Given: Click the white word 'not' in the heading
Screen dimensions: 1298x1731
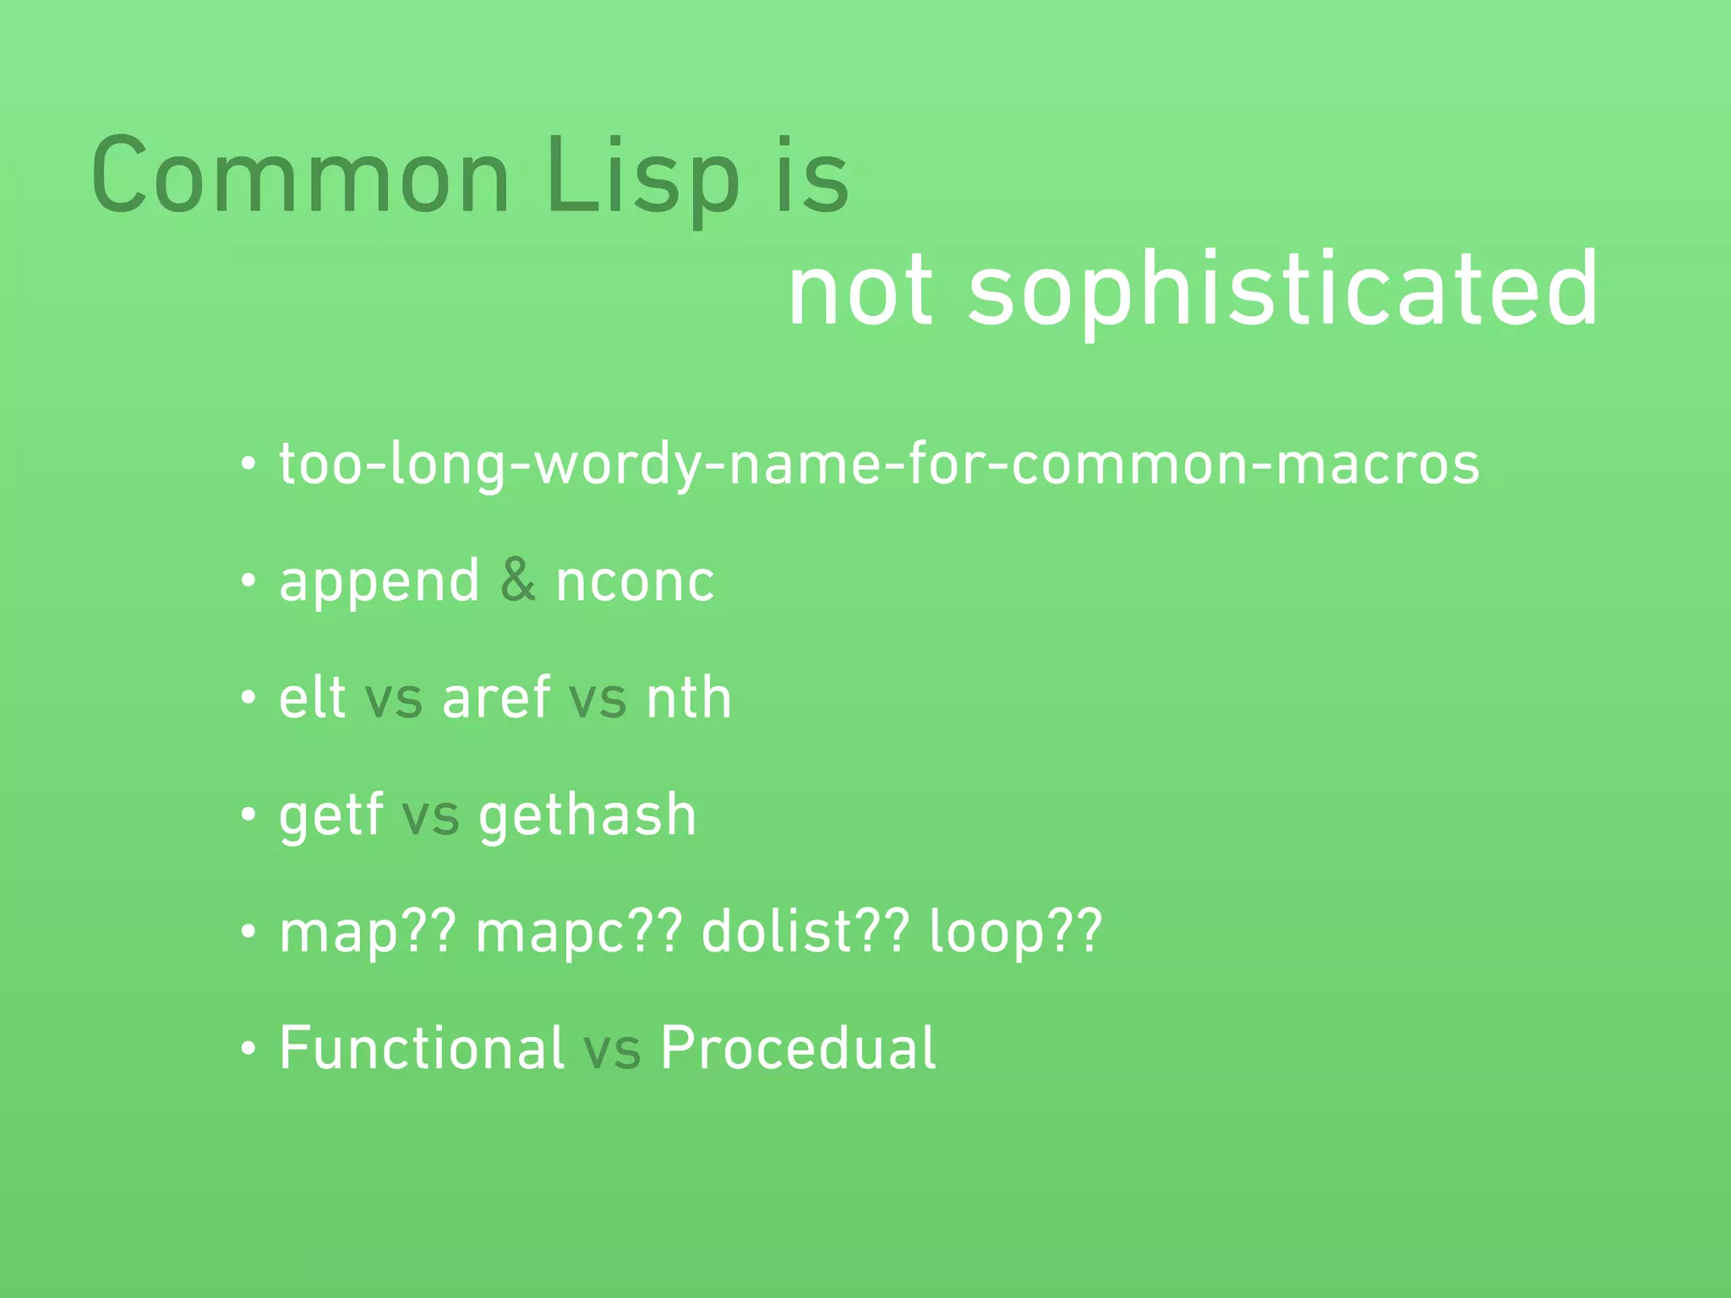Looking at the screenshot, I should tap(860, 292).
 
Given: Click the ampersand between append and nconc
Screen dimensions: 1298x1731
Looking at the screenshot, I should tap(517, 581).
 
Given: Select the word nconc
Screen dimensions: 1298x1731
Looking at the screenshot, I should tap(635, 583).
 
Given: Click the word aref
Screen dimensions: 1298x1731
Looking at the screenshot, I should tap(496, 699).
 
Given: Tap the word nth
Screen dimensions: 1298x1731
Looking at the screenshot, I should tap(688, 699).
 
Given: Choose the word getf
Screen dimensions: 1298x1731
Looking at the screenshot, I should tap(330, 816).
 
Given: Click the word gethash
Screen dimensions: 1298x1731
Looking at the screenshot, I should tap(587, 816).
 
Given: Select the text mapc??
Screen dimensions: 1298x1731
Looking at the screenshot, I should tap(578, 934).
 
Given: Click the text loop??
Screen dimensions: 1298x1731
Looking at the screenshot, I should tap(1015, 934).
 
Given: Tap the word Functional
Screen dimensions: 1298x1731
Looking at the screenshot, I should tap(421, 1049).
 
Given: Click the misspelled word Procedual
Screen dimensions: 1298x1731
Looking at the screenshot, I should tap(797, 1049).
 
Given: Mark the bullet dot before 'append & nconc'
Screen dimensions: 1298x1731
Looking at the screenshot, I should tap(248, 582).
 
